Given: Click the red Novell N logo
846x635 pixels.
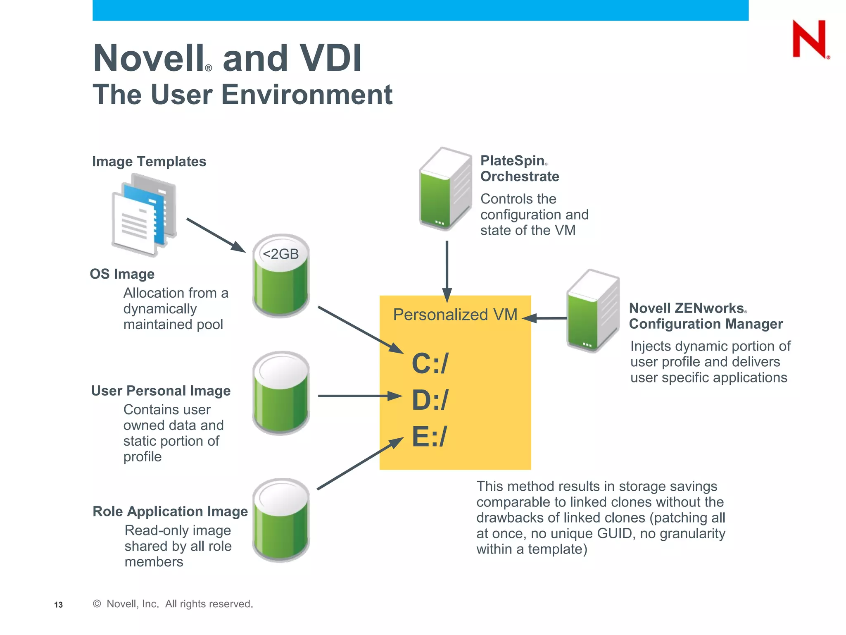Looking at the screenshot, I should click(x=809, y=39).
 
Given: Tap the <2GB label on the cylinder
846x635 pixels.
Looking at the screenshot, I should click(x=280, y=254).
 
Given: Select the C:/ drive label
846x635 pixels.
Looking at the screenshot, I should click(x=430, y=363).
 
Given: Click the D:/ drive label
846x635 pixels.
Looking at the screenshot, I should click(x=430, y=400).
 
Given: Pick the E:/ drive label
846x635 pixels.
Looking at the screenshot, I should click(x=429, y=437).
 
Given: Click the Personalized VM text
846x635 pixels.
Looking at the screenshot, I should click(x=455, y=315).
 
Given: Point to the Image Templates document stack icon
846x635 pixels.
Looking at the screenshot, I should click(x=144, y=215).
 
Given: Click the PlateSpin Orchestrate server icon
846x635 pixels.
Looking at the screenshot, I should click(x=445, y=189).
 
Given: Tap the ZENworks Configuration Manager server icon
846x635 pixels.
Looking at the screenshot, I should click(x=593, y=310).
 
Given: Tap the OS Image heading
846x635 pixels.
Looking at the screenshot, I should click(x=122, y=274).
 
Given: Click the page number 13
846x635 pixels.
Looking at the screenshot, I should click(x=58, y=605).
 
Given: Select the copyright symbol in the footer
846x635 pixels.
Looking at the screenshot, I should click(x=97, y=604).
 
